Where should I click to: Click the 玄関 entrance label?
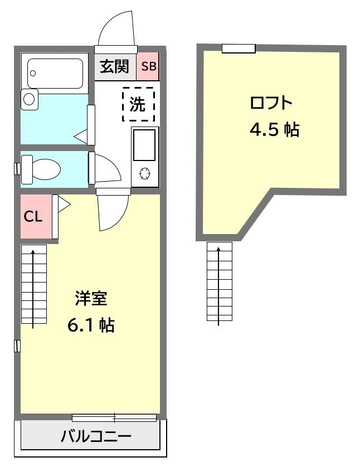114,66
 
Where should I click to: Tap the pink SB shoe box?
148,66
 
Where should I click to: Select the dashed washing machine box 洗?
138,104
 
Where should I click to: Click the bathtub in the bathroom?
55,74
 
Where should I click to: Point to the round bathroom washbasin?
29,99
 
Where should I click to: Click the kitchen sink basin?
144,145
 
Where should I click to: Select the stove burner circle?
145,174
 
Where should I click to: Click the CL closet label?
33,217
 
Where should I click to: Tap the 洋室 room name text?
91,298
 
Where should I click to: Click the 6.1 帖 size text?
91,325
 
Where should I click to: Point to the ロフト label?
271,103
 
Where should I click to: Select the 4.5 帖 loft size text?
274,129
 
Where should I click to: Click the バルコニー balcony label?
96,436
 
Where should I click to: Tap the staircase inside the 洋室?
34,284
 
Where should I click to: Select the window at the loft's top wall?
239,48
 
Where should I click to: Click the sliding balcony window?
114,418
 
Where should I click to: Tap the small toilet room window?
17,168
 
